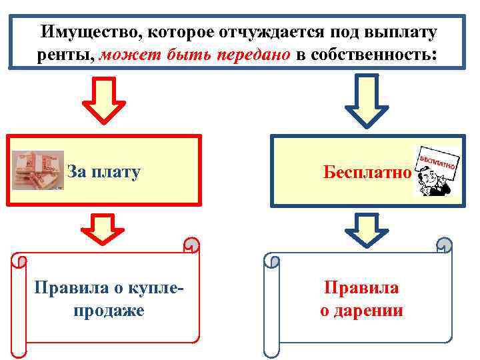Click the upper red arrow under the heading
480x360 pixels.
pyautogui.click(x=103, y=101)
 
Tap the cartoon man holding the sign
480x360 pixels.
pyautogui.click(x=436, y=171)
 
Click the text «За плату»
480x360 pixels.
pyautogui.click(x=103, y=172)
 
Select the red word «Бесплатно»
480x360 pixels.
pyautogui.click(x=367, y=172)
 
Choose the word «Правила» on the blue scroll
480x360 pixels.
pyautogui.click(x=362, y=288)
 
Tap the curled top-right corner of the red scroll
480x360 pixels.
pyautogui.click(x=191, y=246)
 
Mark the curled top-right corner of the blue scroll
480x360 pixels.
pyautogui.click(x=444, y=246)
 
